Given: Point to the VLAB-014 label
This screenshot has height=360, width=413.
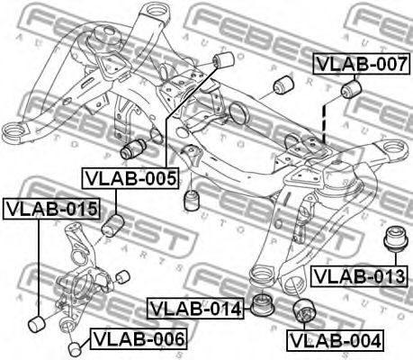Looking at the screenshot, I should click(195, 309).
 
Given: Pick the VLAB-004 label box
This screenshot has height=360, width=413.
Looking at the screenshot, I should click(334, 341).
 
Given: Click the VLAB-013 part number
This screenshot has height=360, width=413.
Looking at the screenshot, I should click(360, 275).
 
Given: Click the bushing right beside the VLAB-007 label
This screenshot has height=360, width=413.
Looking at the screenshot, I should click(352, 91).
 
